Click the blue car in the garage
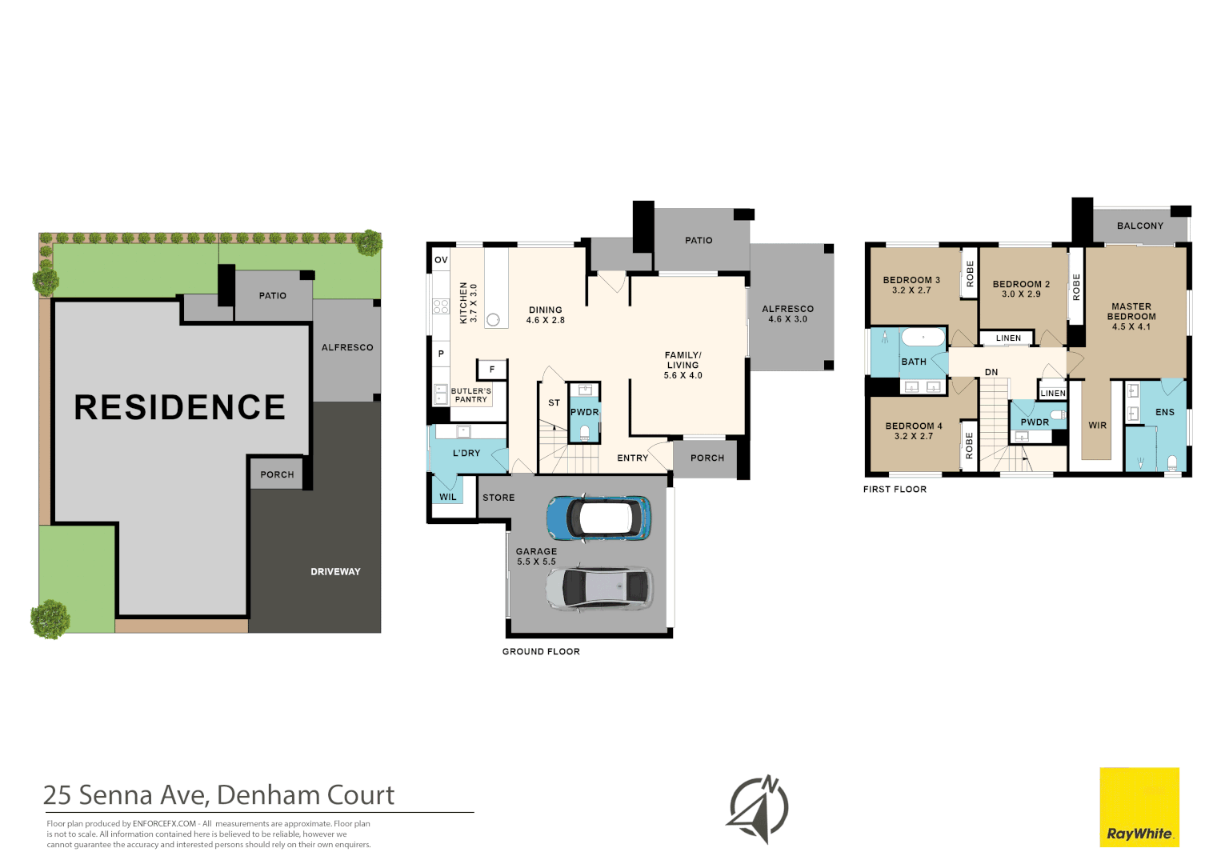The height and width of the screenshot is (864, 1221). pyautogui.click(x=598, y=518)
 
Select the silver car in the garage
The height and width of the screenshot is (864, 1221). pyautogui.click(x=599, y=590)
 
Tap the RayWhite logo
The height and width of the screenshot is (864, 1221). pyautogui.click(x=1139, y=807)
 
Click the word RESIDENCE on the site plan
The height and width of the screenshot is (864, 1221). pyautogui.click(x=180, y=407)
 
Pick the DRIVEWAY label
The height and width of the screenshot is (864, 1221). pyautogui.click(x=335, y=572)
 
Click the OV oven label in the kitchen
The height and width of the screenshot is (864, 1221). pyautogui.click(x=441, y=260)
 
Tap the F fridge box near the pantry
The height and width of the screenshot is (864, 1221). pyautogui.click(x=492, y=370)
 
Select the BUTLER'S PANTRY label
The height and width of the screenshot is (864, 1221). pyautogui.click(x=471, y=395)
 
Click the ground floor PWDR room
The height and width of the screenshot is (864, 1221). pyautogui.click(x=585, y=413)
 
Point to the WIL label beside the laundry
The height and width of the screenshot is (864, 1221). pyautogui.click(x=448, y=497)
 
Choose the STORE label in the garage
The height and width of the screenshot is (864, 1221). pyautogui.click(x=498, y=498)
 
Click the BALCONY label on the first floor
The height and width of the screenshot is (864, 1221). pyautogui.click(x=1140, y=226)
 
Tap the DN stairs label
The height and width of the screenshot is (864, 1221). pyautogui.click(x=991, y=373)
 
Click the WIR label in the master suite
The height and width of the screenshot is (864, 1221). pyautogui.click(x=1098, y=426)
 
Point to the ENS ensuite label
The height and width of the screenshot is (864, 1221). pyautogui.click(x=1165, y=413)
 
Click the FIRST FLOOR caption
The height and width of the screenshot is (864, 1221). pyautogui.click(x=895, y=490)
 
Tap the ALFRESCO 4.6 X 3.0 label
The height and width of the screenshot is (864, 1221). pyautogui.click(x=788, y=314)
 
